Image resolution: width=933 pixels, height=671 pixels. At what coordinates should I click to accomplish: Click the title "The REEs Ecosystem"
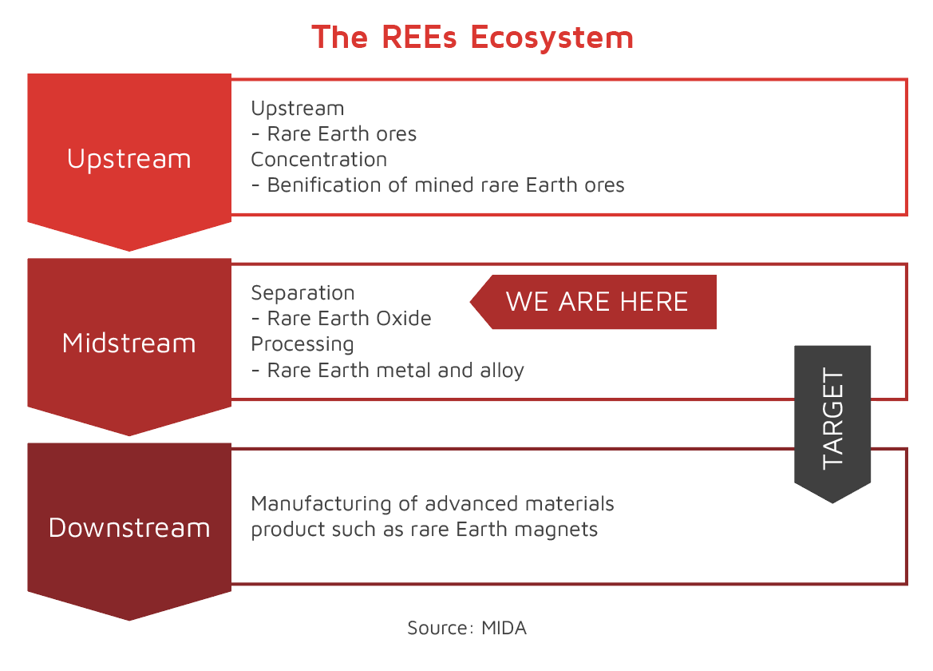[x=472, y=37]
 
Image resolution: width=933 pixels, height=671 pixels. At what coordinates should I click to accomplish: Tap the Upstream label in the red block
[x=129, y=159]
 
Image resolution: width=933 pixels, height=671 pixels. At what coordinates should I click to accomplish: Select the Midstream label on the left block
[x=129, y=343]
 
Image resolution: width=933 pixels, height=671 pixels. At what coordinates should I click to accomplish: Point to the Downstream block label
[x=129, y=527]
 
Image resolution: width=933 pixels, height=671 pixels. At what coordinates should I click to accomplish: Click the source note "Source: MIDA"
[x=467, y=628]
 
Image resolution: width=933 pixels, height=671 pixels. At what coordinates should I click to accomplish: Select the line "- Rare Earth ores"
[x=334, y=134]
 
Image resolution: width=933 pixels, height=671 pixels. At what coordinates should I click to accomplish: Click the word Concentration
[x=319, y=160]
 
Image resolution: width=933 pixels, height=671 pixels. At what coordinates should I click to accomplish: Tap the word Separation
[x=302, y=293]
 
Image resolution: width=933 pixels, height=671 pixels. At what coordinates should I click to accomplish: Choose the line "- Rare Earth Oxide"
[x=342, y=319]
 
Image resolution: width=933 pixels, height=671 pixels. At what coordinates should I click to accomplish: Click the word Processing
[x=302, y=345]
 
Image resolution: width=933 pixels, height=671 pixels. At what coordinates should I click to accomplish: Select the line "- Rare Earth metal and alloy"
[x=388, y=371]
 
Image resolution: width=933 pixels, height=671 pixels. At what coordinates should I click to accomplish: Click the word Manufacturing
[x=322, y=504]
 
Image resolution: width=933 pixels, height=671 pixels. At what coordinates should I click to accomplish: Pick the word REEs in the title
[x=419, y=37]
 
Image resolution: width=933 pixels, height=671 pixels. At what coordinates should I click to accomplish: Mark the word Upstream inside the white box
[x=298, y=109]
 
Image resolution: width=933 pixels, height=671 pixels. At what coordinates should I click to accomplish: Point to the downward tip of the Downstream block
[x=129, y=621]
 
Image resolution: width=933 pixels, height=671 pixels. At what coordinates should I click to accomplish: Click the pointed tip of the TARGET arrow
[x=832, y=503]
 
